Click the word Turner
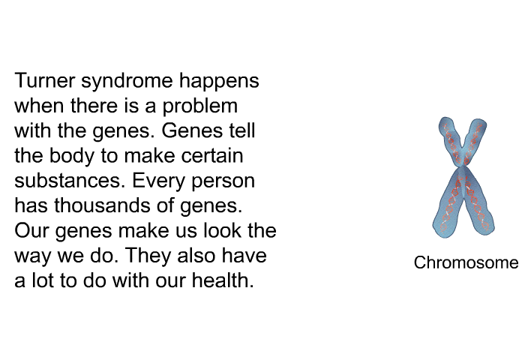pyautogui.click(x=44, y=80)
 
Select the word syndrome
pyautogui.click(x=127, y=82)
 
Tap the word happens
pyautogui.click(x=219, y=82)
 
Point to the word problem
pyautogui.click(x=200, y=107)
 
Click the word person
pyautogui.click(x=223, y=182)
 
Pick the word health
pyautogui.click(x=223, y=280)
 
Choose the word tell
pyautogui.click(x=241, y=130)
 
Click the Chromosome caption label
pyautogui.click(x=466, y=262)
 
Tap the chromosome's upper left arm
pyautogui.click(x=450, y=139)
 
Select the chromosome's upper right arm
pyautogui.click(x=475, y=139)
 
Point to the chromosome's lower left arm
pyautogui.click(x=448, y=204)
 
